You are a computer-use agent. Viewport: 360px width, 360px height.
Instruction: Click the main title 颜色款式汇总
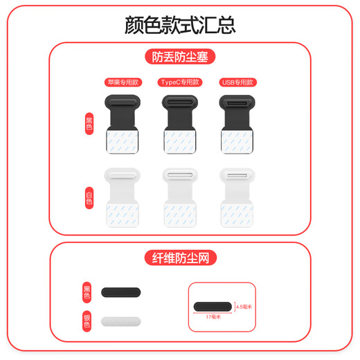(180, 25)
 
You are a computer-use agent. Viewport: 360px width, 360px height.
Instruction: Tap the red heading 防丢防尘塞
(180, 56)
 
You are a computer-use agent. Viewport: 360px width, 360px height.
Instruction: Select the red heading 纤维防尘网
(180, 258)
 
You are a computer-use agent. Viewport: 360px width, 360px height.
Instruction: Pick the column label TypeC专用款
(179, 82)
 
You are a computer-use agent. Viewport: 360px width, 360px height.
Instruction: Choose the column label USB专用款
(237, 82)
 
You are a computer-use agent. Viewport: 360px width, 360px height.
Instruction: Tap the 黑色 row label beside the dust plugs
(89, 124)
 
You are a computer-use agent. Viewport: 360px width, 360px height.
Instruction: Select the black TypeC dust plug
(179, 125)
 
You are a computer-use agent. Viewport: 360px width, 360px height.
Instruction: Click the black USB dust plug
(237, 125)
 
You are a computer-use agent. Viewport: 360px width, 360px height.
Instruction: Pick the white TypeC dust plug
(179, 197)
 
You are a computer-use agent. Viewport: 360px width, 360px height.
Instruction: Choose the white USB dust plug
(237, 197)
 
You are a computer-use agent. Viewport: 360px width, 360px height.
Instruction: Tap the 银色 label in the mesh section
(87, 321)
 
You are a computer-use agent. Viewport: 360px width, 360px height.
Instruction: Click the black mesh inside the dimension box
(214, 306)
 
